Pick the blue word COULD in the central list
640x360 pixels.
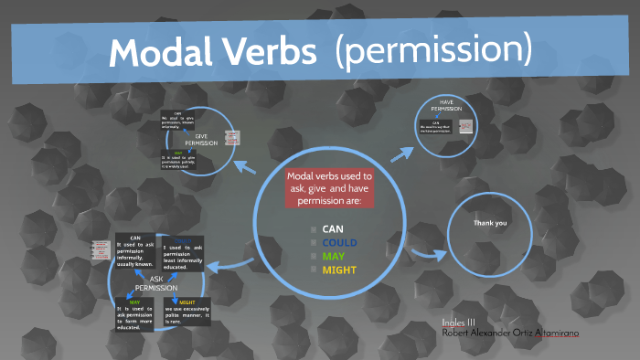point(339,242)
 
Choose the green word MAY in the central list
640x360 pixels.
point(333,256)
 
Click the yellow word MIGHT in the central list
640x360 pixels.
point(339,270)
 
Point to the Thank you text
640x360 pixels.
point(489,223)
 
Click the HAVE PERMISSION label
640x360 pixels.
point(447,105)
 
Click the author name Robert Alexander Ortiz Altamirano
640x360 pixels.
point(509,333)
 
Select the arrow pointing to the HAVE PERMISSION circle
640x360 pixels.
point(400,153)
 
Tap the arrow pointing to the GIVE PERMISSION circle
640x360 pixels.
point(244,166)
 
